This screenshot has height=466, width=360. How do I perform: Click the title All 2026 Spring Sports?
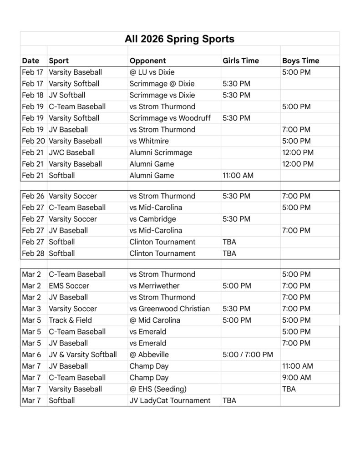tap(179, 39)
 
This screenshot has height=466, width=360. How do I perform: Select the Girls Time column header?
tap(240, 61)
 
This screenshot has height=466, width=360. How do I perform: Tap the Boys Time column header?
tap(300, 61)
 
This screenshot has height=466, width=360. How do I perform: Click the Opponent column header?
tap(147, 61)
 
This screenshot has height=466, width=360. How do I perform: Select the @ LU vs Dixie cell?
tap(152, 72)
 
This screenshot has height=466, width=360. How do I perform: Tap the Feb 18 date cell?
tap(32, 95)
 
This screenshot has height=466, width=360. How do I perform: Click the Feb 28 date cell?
tap(32, 253)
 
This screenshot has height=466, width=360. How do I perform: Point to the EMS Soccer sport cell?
tap(69, 286)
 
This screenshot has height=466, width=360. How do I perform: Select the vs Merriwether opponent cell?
tap(154, 286)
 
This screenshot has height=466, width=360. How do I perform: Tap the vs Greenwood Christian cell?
tap(169, 309)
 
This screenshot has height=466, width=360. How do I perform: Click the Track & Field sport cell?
tap(70, 320)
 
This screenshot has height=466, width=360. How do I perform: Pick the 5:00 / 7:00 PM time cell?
tap(248, 355)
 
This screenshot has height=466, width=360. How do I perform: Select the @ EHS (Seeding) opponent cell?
tap(158, 389)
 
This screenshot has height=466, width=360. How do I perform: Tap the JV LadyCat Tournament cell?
tap(170, 400)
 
